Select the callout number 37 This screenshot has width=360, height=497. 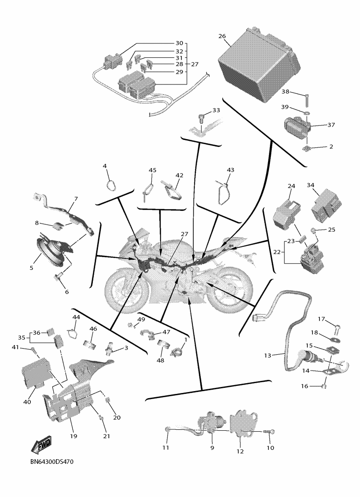click(x=331, y=125)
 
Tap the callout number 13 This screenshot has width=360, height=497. click(x=267, y=356)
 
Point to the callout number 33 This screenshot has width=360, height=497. click(x=216, y=111)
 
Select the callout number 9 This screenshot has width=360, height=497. click(x=212, y=448)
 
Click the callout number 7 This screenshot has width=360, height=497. click(x=76, y=199)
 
